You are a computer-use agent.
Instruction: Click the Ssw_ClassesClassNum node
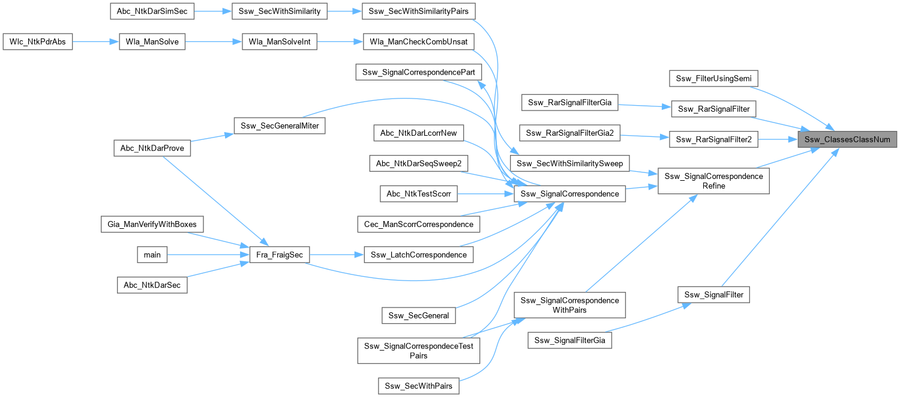pos(847,139)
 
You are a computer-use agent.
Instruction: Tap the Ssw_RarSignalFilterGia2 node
pos(570,133)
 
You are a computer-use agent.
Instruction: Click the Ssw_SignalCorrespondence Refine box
pos(713,181)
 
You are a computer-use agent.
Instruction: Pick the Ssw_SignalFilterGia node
pos(570,341)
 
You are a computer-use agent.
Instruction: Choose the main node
pos(152,255)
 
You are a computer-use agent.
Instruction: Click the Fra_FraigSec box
pos(275,255)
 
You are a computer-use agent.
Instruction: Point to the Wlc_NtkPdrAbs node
pos(38,42)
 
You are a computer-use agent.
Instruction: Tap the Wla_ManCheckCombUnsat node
pos(419,42)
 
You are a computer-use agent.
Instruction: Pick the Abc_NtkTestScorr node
pos(418,193)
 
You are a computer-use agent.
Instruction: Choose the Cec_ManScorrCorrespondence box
pos(418,224)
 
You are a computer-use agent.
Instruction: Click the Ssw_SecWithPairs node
pos(418,386)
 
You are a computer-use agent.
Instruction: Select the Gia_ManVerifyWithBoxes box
pos(152,224)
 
